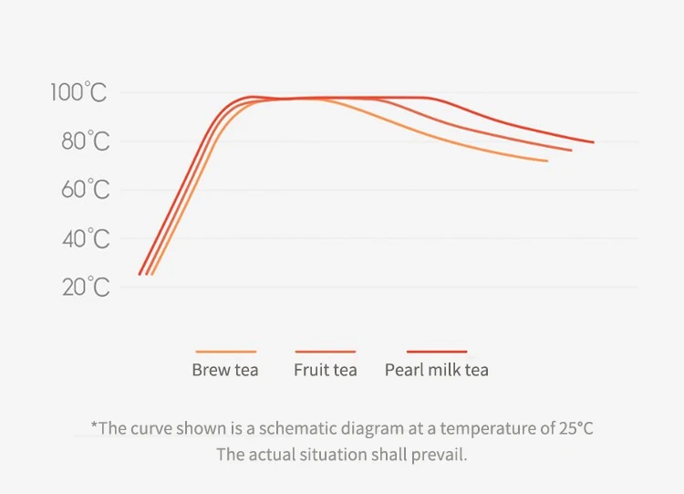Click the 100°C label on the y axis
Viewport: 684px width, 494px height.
(x=78, y=92)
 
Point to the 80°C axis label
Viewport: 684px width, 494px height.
(x=86, y=142)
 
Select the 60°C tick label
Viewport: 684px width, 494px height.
(x=86, y=190)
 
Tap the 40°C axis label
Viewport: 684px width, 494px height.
(x=86, y=239)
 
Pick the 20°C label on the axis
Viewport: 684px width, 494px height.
(x=86, y=288)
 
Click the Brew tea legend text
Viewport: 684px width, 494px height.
(x=225, y=370)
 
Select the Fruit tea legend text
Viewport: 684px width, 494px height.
(x=326, y=370)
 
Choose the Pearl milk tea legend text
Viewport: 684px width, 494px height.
(x=437, y=370)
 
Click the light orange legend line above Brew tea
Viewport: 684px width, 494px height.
(x=225, y=352)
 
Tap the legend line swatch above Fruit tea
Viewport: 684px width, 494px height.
(x=326, y=352)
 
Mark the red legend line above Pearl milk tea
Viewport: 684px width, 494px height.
(x=437, y=352)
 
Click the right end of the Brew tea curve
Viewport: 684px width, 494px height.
(x=546, y=161)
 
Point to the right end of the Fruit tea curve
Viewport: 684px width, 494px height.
(x=570, y=150)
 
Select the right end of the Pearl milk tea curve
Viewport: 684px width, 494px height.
(x=593, y=142)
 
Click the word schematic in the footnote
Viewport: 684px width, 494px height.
(x=291, y=428)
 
